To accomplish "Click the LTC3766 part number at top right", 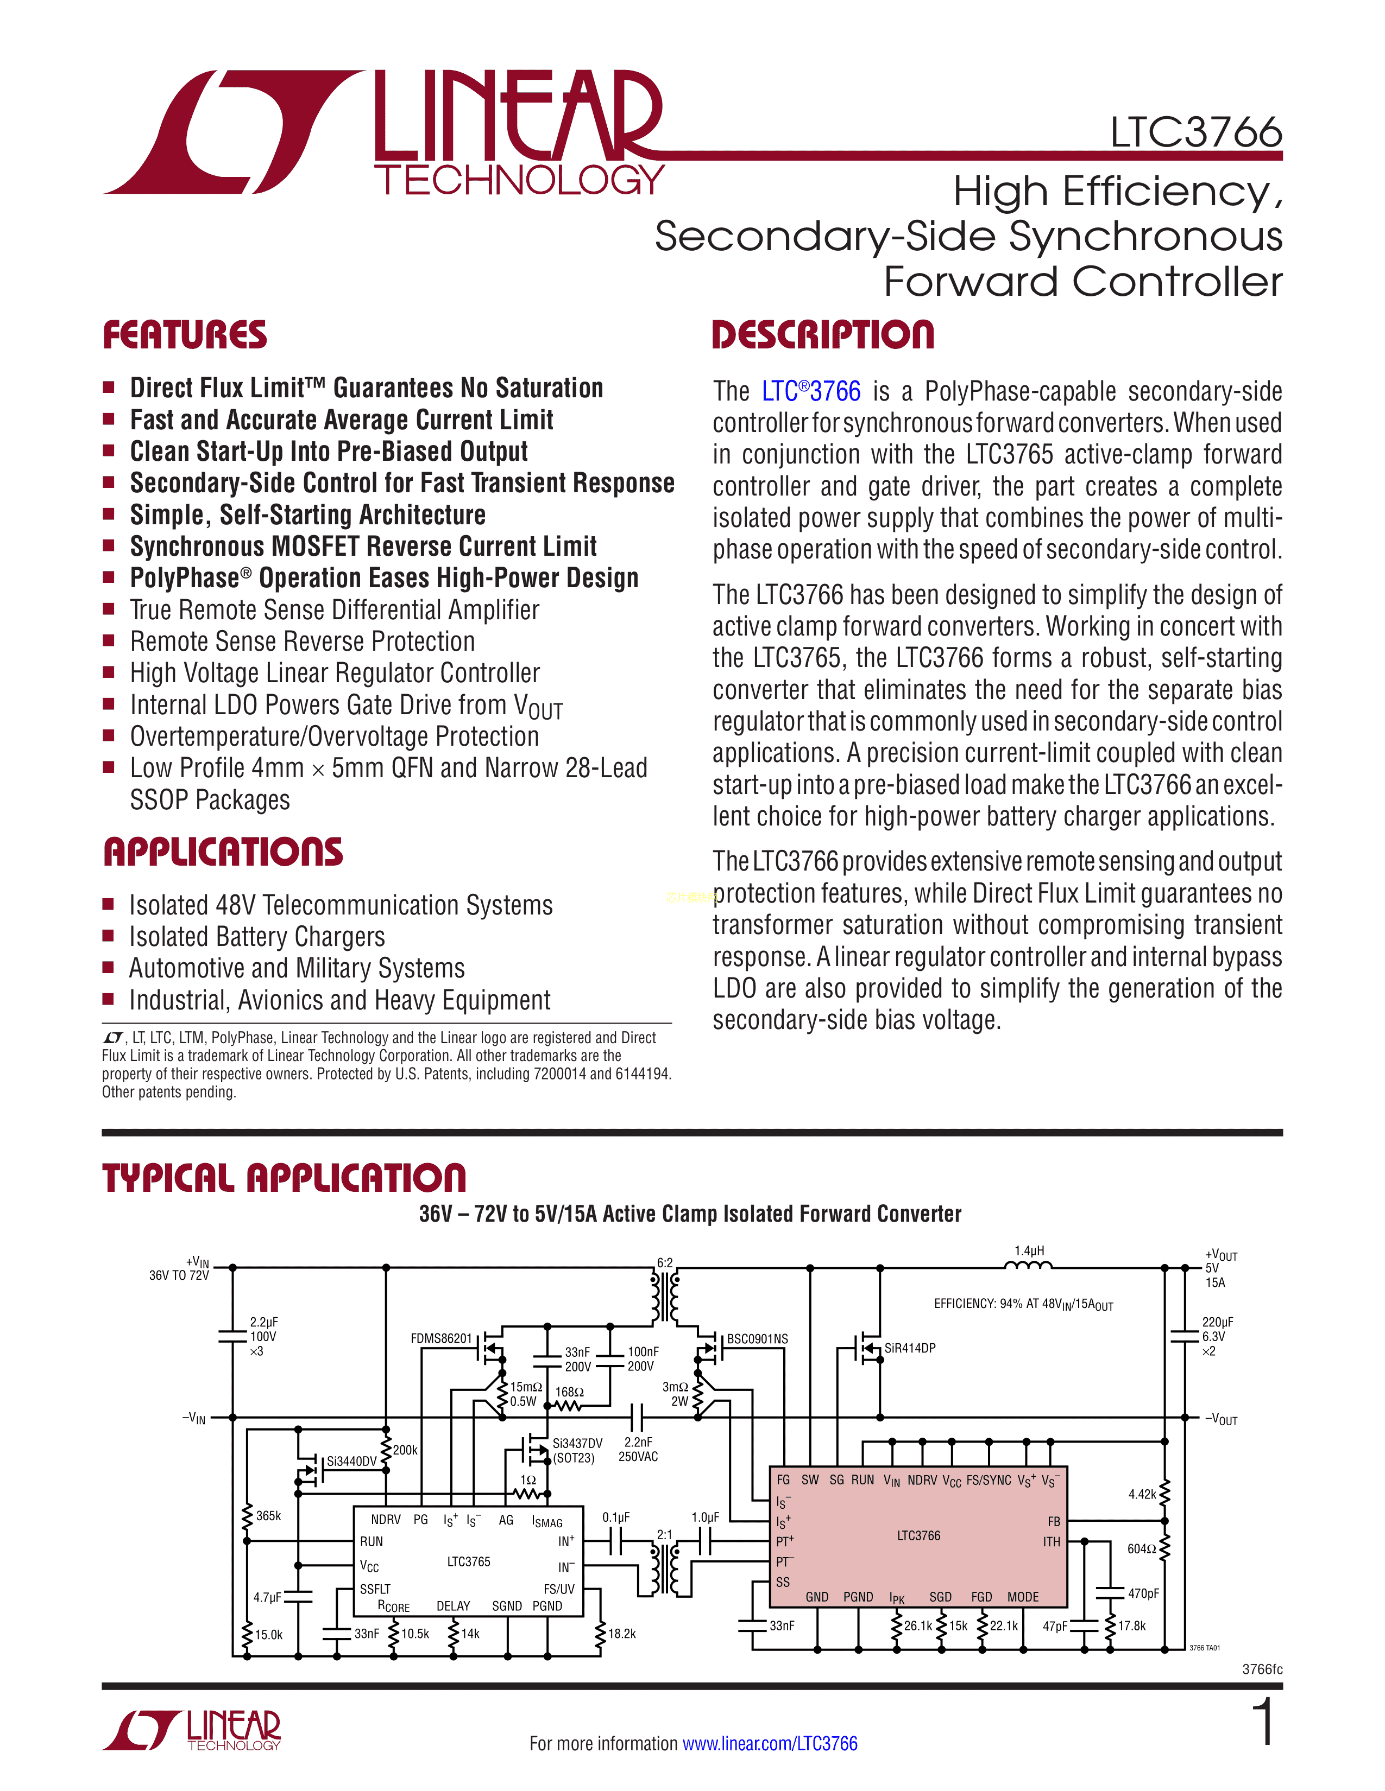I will (1195, 133).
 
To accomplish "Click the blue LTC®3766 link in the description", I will (811, 391).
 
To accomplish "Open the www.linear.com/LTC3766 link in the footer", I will (770, 1743).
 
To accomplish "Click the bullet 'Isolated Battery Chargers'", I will (257, 937).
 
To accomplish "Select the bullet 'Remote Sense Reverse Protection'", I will (302, 642).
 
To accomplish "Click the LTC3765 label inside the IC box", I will (469, 1561).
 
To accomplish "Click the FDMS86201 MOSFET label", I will (442, 1338).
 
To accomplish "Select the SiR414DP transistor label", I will (910, 1348).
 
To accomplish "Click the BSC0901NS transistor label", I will (757, 1338).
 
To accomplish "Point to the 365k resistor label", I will (268, 1515).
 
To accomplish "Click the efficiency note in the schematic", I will (1023, 1304).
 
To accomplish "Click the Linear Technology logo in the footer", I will (192, 1730).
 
